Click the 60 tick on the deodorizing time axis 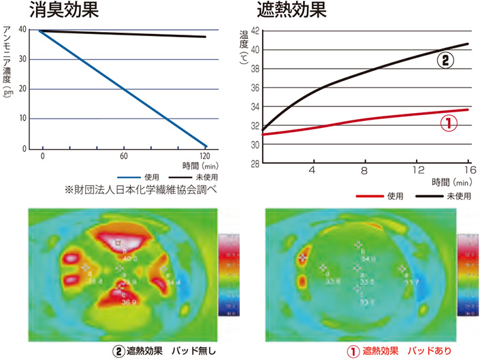(x=125, y=155)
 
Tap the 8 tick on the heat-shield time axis (x=364, y=170)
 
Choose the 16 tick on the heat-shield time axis (x=468, y=170)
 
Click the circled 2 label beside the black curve (x=444, y=60)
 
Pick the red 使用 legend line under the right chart (x=371, y=195)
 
